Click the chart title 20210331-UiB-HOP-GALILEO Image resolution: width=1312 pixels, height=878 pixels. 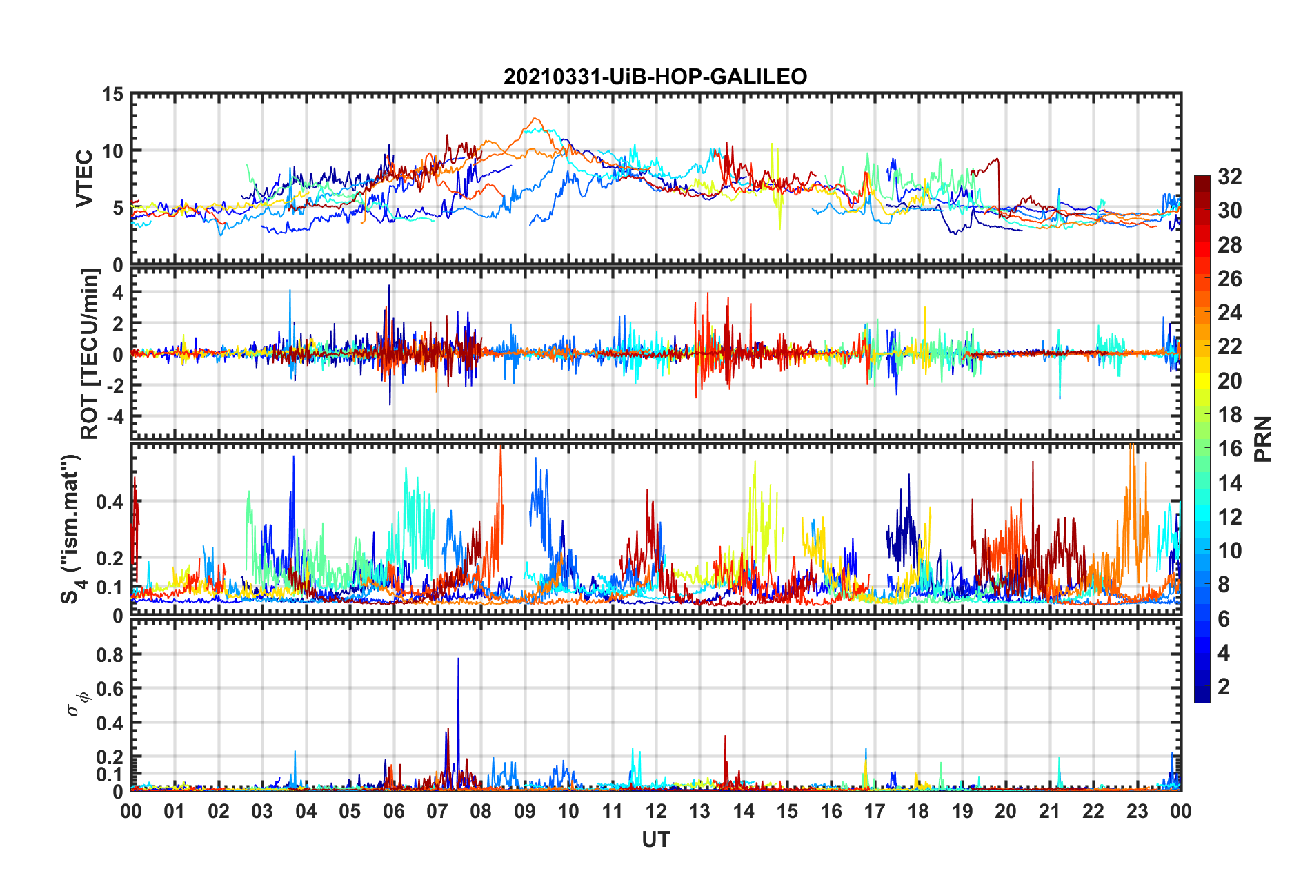(x=655, y=77)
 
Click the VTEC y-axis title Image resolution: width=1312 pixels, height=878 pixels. (x=83, y=179)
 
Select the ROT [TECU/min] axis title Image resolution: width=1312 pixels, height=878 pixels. (x=90, y=354)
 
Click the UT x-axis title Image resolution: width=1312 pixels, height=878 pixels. (x=655, y=839)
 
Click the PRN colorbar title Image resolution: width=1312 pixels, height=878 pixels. (x=1263, y=439)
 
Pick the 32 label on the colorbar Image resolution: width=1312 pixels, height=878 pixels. (x=1229, y=177)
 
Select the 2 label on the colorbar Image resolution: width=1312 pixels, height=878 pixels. (x=1224, y=687)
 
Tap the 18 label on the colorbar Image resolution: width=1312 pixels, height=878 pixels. (x=1229, y=415)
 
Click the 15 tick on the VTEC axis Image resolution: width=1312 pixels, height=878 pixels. (x=112, y=94)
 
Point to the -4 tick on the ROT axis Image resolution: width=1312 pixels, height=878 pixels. (x=112, y=417)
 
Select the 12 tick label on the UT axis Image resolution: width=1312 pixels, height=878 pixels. (x=655, y=811)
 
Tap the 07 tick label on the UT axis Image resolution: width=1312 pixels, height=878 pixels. (x=437, y=811)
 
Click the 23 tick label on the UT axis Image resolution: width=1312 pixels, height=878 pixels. (x=1137, y=811)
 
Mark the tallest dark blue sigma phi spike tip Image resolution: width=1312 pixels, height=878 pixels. (x=458, y=658)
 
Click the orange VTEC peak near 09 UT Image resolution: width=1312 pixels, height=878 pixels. (x=535, y=119)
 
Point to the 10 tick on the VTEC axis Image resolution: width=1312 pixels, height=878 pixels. (x=112, y=151)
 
